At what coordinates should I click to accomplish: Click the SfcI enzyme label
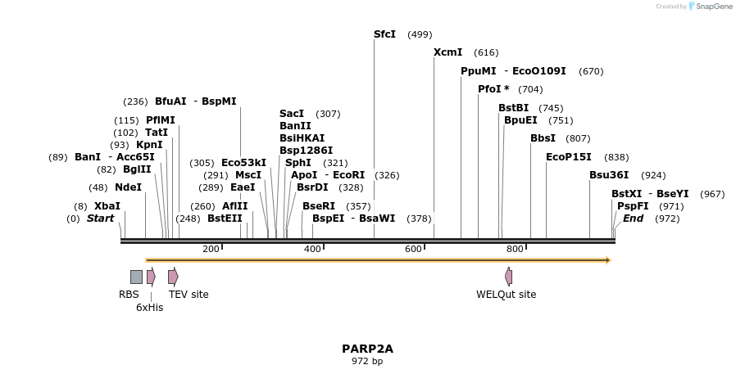pyautogui.click(x=384, y=34)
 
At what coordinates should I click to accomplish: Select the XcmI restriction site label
pyautogui.click(x=448, y=52)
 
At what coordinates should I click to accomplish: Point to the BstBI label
pyautogui.click(x=514, y=108)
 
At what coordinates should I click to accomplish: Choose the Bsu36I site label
pyautogui.click(x=609, y=175)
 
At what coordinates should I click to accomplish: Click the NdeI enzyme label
pyautogui.click(x=128, y=187)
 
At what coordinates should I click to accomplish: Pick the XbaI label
pyautogui.click(x=107, y=206)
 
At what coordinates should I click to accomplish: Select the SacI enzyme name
pyautogui.click(x=292, y=114)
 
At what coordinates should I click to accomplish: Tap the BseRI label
pyautogui.click(x=319, y=206)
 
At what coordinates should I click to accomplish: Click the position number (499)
pyautogui.click(x=420, y=34)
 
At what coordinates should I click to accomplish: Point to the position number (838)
pyautogui.click(x=616, y=157)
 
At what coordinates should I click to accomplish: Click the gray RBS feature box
pyautogui.click(x=136, y=277)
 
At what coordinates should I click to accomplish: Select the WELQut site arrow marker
pyautogui.click(x=508, y=277)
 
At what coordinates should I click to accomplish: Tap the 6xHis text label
pyautogui.click(x=149, y=308)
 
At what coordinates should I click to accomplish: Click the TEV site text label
pyautogui.click(x=189, y=295)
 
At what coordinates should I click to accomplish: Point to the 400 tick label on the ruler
pyautogui.click(x=312, y=249)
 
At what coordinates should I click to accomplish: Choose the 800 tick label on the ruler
pyautogui.click(x=515, y=249)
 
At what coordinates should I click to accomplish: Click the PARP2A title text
pyautogui.click(x=367, y=349)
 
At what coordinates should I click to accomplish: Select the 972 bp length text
pyautogui.click(x=367, y=361)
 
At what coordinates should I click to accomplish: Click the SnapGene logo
pyautogui.click(x=710, y=7)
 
